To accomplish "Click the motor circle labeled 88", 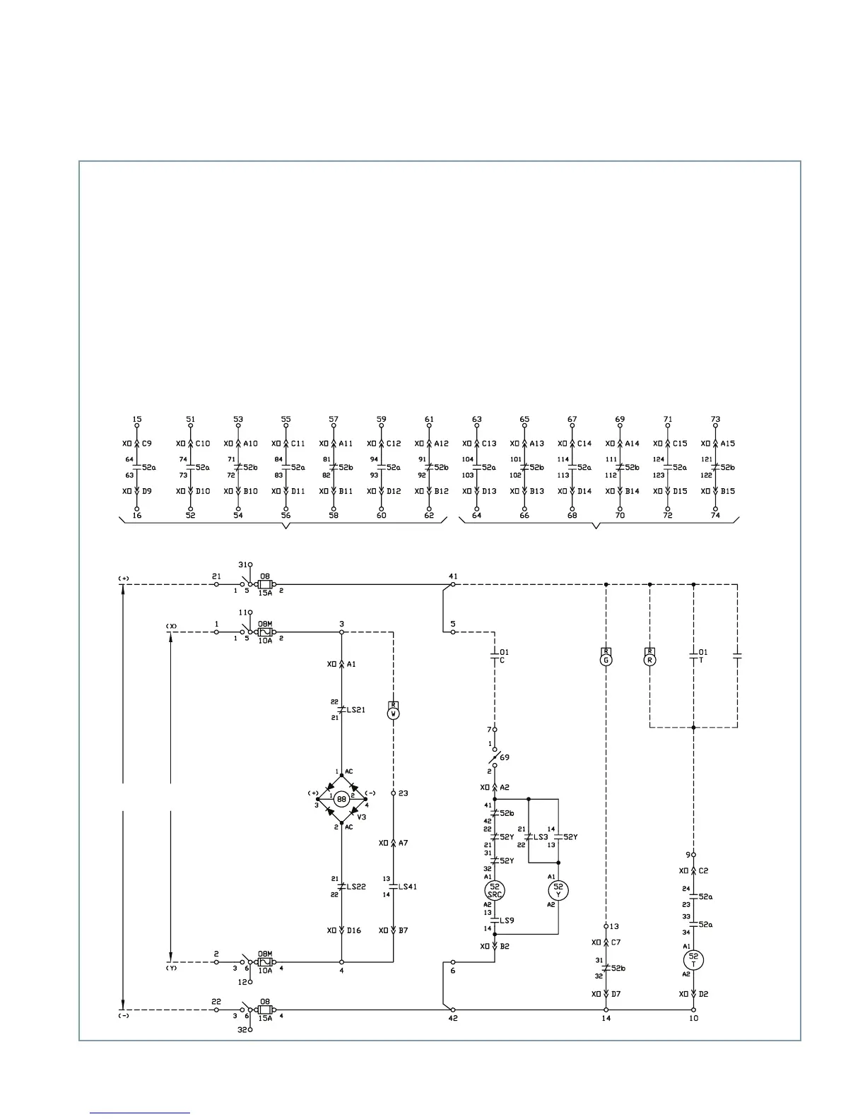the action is point(341,799).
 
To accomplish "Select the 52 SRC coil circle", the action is point(495,890).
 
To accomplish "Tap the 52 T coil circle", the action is point(693,959).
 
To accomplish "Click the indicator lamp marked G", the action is point(606,660).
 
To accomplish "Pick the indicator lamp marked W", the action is point(394,714).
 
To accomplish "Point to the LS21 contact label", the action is point(356,709).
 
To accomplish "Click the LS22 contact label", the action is point(356,887).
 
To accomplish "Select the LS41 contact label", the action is point(408,887).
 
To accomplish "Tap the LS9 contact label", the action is point(507,920).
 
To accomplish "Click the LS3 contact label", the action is point(541,837).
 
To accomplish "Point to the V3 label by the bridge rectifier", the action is point(361,817).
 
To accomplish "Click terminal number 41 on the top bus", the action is point(453,576).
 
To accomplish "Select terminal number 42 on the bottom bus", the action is point(453,1018).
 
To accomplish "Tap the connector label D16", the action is point(353,930).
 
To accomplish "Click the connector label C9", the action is point(147,444).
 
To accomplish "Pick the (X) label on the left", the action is point(171,626).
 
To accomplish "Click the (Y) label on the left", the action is point(171,969).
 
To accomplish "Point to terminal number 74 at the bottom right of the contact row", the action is point(715,516).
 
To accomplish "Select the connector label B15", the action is point(728,491).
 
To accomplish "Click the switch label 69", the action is point(505,757).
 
